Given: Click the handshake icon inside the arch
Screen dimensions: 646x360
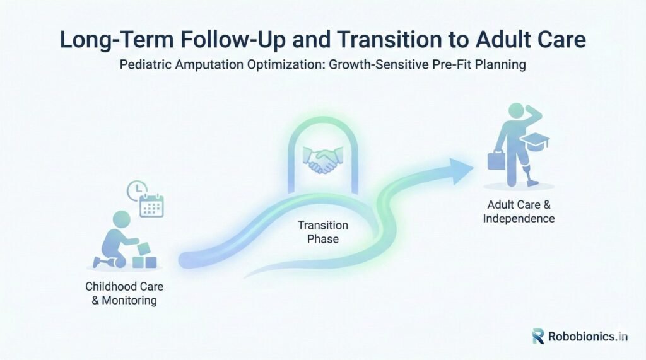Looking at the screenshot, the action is tap(323, 160).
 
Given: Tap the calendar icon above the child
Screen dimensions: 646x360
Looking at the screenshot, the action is tap(151, 206).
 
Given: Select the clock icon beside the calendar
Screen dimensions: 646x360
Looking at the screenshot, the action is tap(136, 190).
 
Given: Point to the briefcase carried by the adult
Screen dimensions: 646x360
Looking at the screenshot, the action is tap(496, 161).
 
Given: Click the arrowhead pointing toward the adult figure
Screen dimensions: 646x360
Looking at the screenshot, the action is tap(461, 170).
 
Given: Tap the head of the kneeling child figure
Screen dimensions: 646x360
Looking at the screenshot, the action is tap(122, 219).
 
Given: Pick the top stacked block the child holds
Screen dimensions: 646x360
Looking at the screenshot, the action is tap(144, 249).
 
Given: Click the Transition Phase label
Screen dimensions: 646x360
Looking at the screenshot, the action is tap(323, 232).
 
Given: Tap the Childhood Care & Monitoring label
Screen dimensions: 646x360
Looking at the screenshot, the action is tap(124, 293).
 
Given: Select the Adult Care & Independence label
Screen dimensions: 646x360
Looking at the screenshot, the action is tap(519, 211).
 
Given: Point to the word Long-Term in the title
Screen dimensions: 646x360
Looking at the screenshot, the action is tap(117, 40).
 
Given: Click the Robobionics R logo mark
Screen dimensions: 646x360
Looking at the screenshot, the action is tap(538, 336).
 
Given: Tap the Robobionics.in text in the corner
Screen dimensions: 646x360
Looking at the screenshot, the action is tap(588, 337).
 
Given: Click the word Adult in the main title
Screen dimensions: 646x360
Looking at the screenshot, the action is tap(508, 40).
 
